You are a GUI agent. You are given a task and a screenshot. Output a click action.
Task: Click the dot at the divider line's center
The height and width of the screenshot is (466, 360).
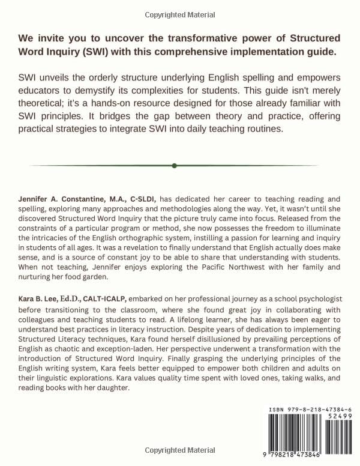[173, 166]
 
